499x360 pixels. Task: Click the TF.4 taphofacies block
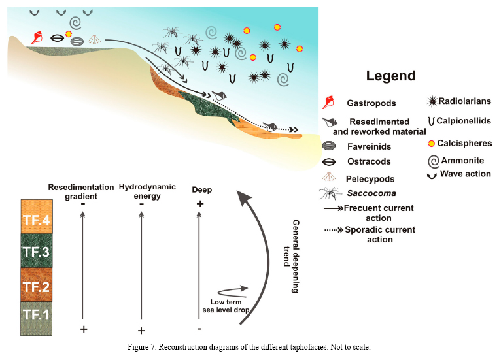36,216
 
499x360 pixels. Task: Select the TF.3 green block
36,250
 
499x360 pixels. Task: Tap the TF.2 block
36,285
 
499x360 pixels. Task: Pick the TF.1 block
36,319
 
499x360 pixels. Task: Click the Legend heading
390,76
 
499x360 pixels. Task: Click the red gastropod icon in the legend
329,103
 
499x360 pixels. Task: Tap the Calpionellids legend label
465,122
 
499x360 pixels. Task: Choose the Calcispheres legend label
465,143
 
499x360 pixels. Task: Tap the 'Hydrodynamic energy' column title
142,191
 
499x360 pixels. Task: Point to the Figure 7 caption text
249,346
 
